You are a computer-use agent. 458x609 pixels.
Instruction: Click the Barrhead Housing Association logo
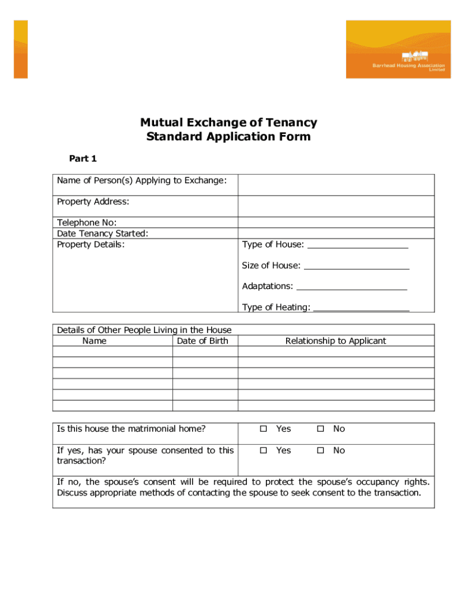395,49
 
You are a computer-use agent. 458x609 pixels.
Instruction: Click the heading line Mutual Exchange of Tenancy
228,123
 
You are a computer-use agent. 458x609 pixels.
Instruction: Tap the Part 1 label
83,158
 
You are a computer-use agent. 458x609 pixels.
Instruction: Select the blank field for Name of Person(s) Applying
336,185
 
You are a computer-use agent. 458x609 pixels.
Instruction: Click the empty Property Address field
336,206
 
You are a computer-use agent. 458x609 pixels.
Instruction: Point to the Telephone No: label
83,223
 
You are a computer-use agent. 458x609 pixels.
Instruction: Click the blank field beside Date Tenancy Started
336,234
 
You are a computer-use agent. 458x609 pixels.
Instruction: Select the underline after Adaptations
352,287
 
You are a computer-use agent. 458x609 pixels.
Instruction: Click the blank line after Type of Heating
361,307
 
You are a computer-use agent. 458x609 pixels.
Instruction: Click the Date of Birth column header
202,341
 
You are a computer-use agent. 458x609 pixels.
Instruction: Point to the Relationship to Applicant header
335,341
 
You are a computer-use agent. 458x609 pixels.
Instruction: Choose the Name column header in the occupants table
95,341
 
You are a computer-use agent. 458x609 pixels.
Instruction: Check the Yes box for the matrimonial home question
263,429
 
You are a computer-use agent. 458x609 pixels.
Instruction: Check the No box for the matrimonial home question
320,429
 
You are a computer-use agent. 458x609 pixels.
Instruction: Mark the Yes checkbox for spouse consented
263,450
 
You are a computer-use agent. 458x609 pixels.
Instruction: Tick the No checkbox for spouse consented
320,450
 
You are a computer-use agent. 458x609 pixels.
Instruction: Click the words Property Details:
91,244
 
